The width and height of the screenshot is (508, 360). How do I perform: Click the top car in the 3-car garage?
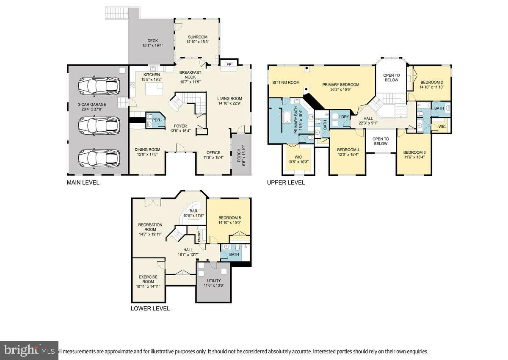[x=98, y=86]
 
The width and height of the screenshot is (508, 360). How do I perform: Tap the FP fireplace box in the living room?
[x=229, y=64]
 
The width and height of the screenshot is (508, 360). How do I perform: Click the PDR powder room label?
[x=149, y=119]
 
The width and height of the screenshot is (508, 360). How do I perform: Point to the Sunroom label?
[x=197, y=37]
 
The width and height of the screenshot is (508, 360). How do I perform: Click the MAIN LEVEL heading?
[x=83, y=183]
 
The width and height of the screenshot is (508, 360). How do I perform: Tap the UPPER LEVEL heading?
[x=285, y=183]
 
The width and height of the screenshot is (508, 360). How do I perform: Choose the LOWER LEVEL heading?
[x=150, y=308]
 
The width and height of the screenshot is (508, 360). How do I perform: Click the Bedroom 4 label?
[x=348, y=150]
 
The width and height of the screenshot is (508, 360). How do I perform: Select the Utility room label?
[x=214, y=280]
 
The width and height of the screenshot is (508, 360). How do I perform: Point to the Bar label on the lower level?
[x=193, y=210]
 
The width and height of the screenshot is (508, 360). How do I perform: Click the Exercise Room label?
[x=148, y=279]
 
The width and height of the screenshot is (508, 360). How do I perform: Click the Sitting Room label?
[x=286, y=83]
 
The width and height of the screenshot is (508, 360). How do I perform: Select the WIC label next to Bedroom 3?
[x=442, y=126]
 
